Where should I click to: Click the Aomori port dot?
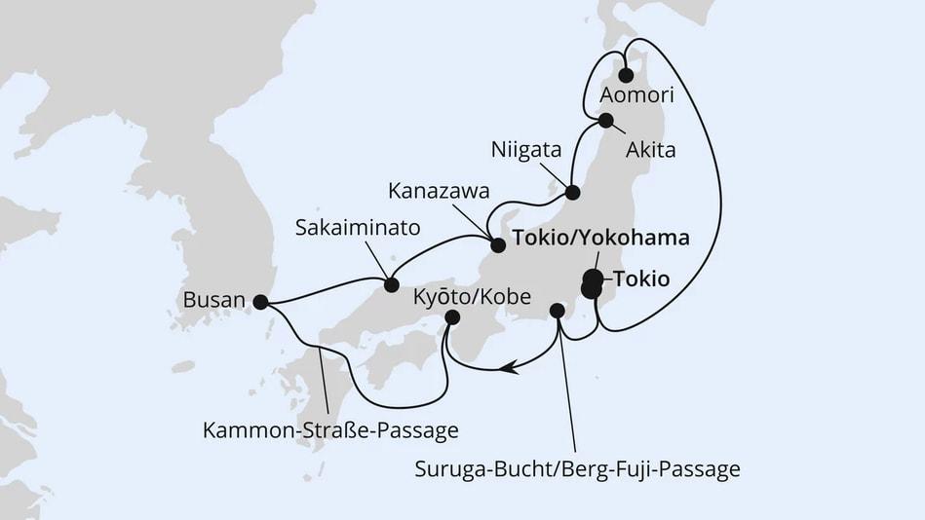tap(626, 75)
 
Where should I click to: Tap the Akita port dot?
tap(605, 121)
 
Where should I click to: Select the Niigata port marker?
tap(572, 192)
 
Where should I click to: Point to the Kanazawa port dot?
tap(497, 243)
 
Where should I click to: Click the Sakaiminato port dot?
tap(391, 284)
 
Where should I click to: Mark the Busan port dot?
tap(259, 302)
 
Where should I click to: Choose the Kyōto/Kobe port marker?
tap(452, 316)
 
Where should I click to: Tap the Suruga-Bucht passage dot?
tap(557, 311)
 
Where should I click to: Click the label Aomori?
tap(636, 95)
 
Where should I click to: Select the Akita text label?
tap(652, 150)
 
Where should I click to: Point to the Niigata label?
tap(526, 151)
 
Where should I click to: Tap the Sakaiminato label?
tap(359, 228)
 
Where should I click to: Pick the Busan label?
tap(212, 299)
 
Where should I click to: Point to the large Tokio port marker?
tap(592, 283)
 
